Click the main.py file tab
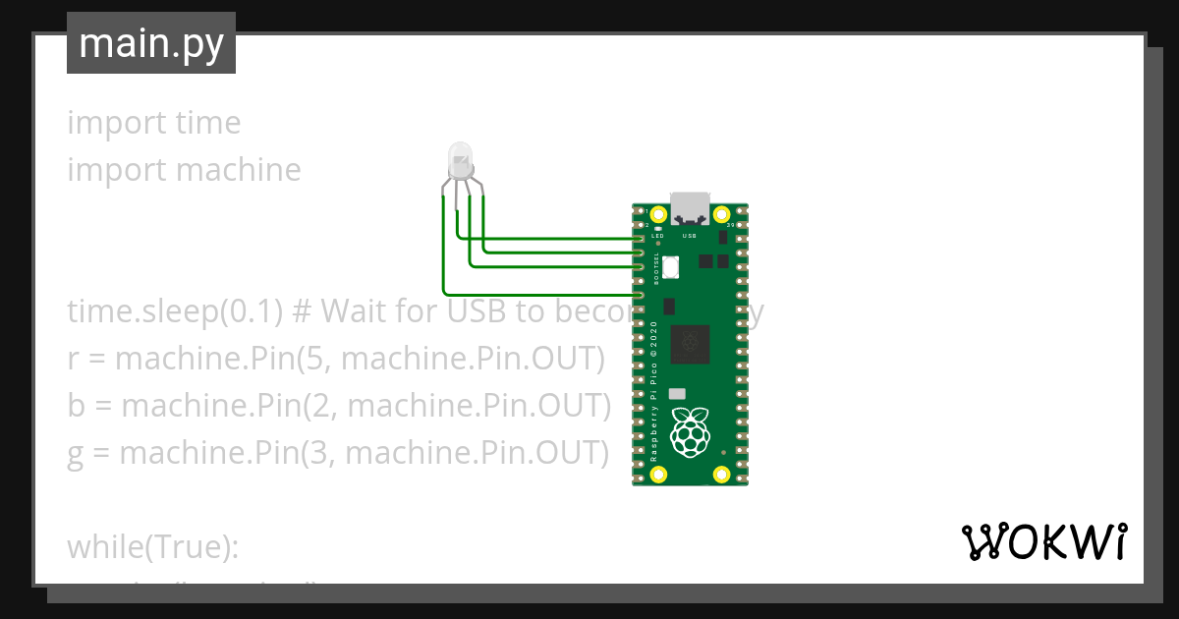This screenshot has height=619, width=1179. pos(151,43)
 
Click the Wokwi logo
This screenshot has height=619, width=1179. pos(1044,541)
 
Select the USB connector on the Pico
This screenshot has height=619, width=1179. pos(689,207)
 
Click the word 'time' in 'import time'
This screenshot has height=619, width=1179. pos(207,123)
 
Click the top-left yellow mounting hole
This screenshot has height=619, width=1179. pos(656,213)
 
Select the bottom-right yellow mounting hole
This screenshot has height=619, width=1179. pos(722,476)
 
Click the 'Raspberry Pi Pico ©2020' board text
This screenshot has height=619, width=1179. pos(655,391)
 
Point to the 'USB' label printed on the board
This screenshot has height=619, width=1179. pos(689,237)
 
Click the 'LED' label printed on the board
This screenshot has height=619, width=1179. pos(657,237)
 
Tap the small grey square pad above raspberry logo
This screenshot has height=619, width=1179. pos(676,393)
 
